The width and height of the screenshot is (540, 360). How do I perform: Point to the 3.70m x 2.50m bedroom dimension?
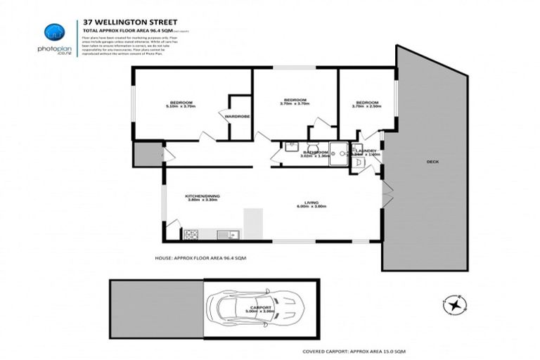366,106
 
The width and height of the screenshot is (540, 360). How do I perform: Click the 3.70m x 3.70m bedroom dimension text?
295,104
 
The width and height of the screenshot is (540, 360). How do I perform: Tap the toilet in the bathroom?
313,148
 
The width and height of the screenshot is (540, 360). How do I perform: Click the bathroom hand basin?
290,147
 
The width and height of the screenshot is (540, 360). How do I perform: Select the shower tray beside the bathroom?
340,152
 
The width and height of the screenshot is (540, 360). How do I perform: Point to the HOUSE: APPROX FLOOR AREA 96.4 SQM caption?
200,258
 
